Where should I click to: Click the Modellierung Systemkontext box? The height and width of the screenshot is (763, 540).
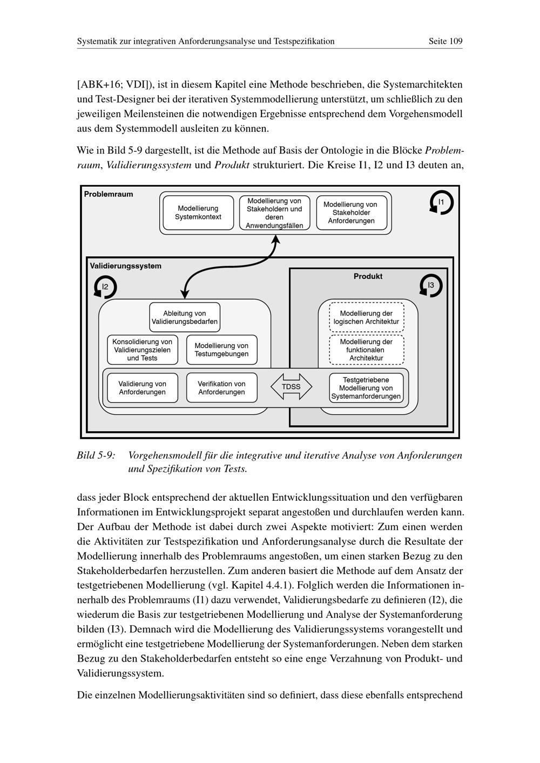click(198, 213)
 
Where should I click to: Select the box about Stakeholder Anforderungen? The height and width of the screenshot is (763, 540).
click(351, 213)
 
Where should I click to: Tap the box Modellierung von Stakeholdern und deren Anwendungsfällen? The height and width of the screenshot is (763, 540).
click(274, 213)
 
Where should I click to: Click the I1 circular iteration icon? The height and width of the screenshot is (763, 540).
click(441, 203)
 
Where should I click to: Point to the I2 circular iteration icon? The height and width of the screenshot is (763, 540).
click(105, 287)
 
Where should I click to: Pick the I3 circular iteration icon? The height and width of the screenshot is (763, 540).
click(431, 285)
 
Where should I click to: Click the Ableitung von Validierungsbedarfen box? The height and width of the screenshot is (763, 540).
click(185, 317)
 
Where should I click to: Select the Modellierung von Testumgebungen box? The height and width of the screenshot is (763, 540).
click(221, 350)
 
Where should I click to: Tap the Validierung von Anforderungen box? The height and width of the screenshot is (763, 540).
click(143, 388)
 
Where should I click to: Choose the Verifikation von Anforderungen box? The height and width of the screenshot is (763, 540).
click(221, 388)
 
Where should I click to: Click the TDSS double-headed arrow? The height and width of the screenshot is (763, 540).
click(292, 387)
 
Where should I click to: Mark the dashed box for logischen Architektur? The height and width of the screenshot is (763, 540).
click(366, 317)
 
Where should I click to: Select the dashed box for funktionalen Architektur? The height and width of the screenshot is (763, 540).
click(366, 350)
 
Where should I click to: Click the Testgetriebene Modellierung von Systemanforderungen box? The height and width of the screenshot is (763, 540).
click(366, 388)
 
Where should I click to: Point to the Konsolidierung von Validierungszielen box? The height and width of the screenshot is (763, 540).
click(143, 350)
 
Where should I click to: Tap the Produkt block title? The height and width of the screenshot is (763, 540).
click(368, 276)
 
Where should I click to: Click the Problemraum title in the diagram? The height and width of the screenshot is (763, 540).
click(109, 194)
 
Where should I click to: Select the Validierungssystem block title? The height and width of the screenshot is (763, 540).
click(125, 266)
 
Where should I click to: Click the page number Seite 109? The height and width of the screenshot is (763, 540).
click(446, 41)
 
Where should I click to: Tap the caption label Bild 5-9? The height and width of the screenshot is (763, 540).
click(96, 455)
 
